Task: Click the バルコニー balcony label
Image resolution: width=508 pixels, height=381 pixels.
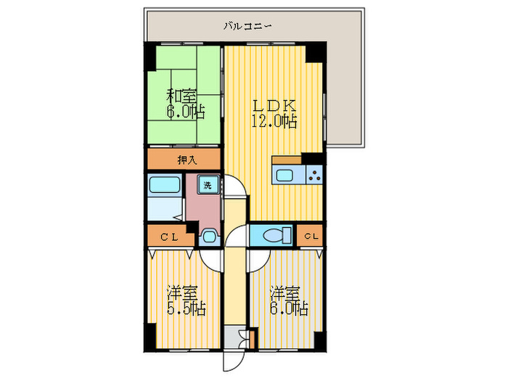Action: coord(247,27)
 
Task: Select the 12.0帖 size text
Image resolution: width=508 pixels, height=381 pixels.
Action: coord(274,121)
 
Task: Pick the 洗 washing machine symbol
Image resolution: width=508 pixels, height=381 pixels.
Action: coord(208,184)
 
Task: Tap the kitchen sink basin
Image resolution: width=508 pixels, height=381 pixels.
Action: coord(284,175)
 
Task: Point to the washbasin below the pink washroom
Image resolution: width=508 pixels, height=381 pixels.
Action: coord(209,236)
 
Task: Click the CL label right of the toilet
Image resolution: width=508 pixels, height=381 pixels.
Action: coord(309,236)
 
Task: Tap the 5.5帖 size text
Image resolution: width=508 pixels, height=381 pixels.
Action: coord(186,309)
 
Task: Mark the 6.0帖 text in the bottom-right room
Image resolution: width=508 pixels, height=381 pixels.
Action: coord(290,309)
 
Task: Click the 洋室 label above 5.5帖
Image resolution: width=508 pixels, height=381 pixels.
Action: coord(183,293)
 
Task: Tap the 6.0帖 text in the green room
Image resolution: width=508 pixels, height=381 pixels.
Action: coord(185,112)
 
